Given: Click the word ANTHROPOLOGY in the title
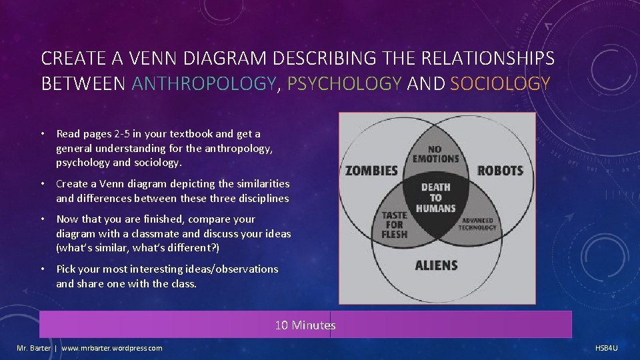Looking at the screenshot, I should click(x=203, y=84).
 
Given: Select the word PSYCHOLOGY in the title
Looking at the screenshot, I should click(x=345, y=84).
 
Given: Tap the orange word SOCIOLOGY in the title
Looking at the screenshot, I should click(x=500, y=84).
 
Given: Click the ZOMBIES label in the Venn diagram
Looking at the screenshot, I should click(x=371, y=171).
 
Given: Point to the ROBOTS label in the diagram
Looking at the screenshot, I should click(x=500, y=171).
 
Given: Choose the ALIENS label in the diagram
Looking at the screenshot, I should click(x=436, y=265).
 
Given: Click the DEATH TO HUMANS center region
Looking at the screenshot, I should click(x=435, y=197).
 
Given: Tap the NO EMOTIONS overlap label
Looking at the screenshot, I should click(x=435, y=154).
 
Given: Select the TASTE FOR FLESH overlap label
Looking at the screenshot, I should click(x=394, y=225).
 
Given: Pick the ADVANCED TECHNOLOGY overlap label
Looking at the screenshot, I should click(x=477, y=224).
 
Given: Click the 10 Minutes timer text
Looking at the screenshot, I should click(x=305, y=325).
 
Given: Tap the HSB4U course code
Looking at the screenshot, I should click(x=606, y=348).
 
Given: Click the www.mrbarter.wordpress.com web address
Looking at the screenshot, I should click(x=111, y=348).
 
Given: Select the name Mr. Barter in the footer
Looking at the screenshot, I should click(x=33, y=348).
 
